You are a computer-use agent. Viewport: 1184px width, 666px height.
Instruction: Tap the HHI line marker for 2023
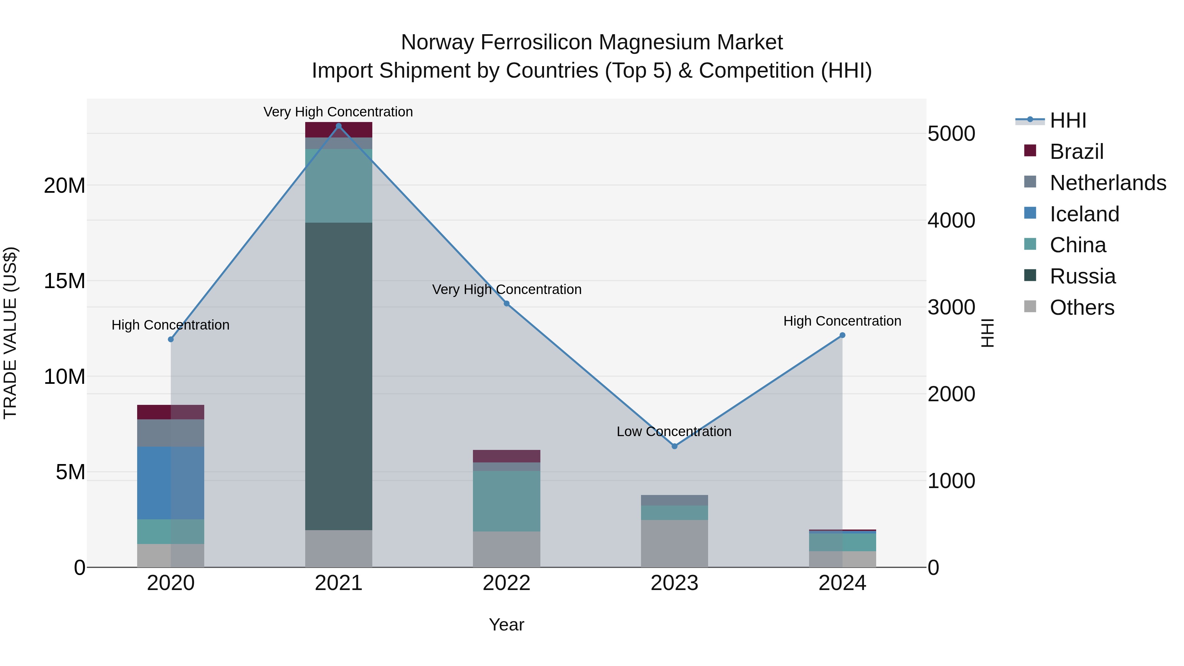(x=674, y=446)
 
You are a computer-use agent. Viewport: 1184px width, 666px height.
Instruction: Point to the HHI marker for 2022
(x=506, y=303)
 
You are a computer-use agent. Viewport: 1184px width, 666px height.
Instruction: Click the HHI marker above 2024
(x=842, y=335)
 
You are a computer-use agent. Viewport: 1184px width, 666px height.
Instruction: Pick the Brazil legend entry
(x=1076, y=152)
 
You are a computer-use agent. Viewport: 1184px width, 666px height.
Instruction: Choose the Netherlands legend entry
(x=1107, y=183)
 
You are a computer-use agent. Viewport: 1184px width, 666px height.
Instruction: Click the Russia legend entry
(x=1082, y=276)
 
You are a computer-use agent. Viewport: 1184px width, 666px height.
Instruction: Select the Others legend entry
(x=1081, y=308)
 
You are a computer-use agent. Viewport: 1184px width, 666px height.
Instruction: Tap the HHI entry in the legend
(x=1067, y=120)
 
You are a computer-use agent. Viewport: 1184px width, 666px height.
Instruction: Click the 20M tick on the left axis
(x=64, y=186)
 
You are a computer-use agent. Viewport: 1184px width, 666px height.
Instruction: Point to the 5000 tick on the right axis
(x=951, y=134)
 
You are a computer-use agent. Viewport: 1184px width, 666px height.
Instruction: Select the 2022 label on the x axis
(x=506, y=583)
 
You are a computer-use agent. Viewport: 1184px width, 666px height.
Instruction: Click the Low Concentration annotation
(x=674, y=431)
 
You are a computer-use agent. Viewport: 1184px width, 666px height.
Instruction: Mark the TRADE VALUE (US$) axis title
(x=10, y=333)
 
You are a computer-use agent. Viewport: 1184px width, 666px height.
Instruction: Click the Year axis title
(x=506, y=625)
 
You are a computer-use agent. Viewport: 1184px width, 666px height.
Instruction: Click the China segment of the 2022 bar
(x=506, y=501)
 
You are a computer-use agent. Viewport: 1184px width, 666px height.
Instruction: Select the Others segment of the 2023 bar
(x=674, y=543)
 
